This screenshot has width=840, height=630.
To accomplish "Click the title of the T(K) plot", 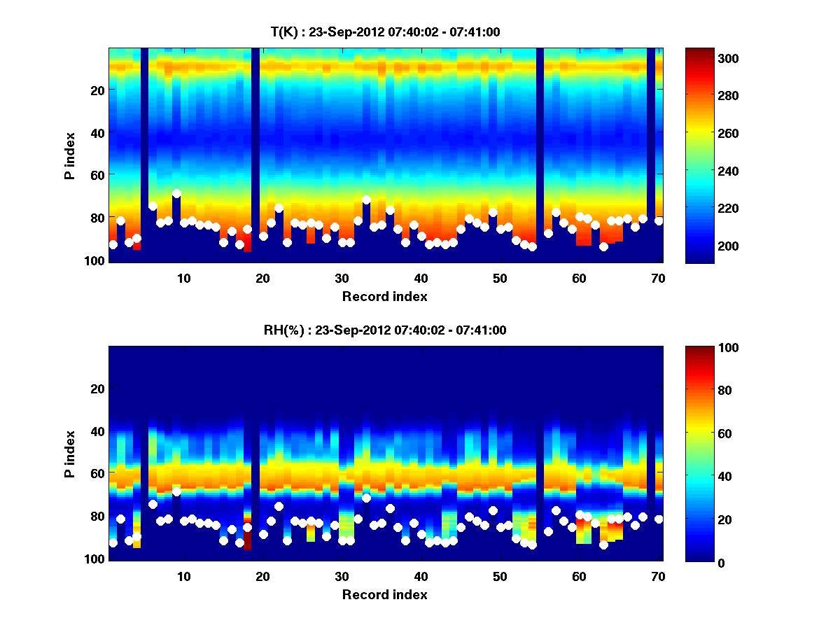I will click(385, 32).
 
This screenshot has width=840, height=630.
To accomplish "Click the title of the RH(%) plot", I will click(385, 330).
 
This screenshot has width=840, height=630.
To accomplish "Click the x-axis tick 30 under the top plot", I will click(342, 279).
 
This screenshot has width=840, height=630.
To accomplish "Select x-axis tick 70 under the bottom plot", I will click(657, 577).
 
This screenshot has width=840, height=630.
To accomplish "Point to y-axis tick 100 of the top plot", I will click(95, 260).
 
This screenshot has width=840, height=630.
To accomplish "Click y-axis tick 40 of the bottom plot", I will click(98, 430).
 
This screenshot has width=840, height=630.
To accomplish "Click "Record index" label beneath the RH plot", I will click(385, 595).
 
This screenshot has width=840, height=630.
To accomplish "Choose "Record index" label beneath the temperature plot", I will click(385, 297).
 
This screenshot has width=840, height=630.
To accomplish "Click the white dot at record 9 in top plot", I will click(176, 194).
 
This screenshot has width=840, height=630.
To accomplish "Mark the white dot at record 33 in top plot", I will click(366, 200).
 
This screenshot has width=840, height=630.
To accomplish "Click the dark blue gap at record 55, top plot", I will click(540, 154).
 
